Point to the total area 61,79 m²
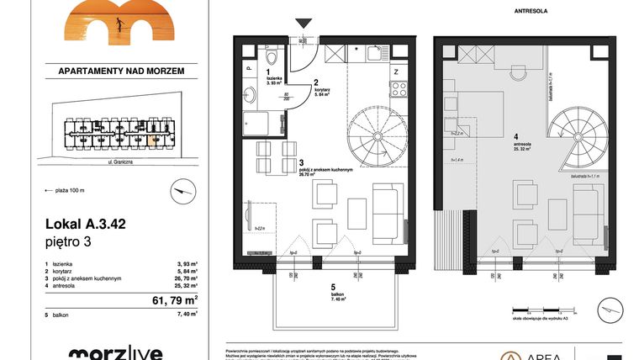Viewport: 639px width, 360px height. tap(172, 299)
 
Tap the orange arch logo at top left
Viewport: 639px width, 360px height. tap(109, 22)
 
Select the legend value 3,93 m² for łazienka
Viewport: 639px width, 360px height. tap(186, 265)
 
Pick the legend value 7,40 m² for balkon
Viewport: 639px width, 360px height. tap(186, 314)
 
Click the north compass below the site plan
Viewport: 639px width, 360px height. tap(177, 193)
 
